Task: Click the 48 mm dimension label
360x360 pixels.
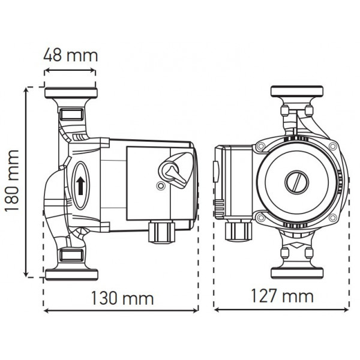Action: [70, 56]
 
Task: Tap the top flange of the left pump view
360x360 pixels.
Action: [71, 94]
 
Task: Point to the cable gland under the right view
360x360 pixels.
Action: [235, 230]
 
